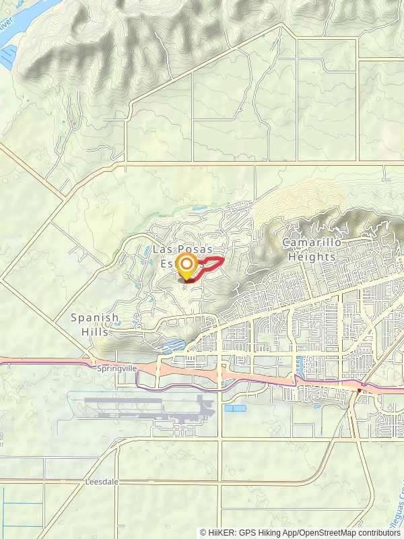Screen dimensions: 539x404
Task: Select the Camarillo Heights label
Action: tap(312, 249)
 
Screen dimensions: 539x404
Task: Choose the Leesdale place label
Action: tap(102, 482)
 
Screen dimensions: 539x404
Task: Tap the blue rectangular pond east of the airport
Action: tap(235, 408)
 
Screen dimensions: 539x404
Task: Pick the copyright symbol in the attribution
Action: tap(203, 532)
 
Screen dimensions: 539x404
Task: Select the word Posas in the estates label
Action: tap(195, 249)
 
